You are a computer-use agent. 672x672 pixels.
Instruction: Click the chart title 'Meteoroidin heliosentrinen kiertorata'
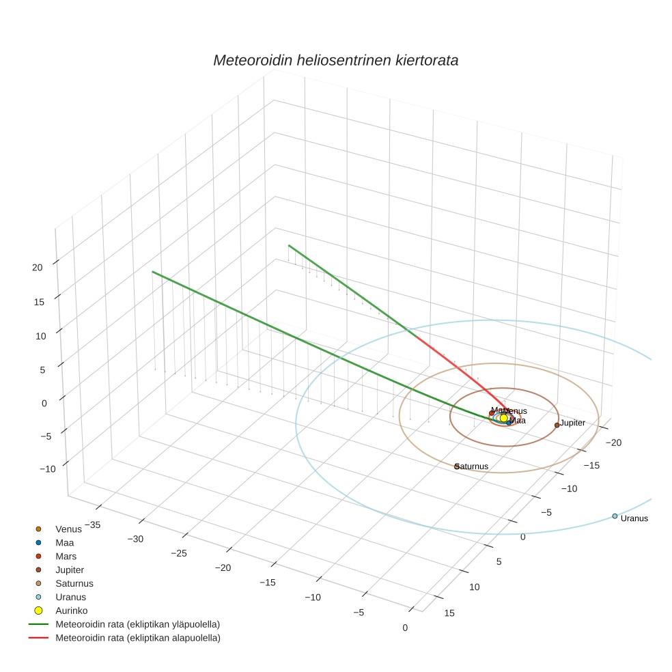tap(335, 60)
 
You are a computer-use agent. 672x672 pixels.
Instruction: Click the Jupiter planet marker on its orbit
tap(557, 425)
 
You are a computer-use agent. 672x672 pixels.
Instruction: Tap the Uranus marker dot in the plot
tap(615, 516)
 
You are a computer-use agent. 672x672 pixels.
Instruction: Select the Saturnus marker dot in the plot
tap(457, 466)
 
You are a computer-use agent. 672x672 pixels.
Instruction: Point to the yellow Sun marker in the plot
tap(504, 418)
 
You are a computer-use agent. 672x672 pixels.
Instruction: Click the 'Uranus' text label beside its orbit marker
tap(634, 518)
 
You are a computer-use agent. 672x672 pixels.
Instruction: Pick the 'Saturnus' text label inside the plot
tap(473, 466)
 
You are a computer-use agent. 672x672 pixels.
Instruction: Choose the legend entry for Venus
tap(68, 529)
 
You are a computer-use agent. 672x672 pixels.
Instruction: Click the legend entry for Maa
tap(64, 542)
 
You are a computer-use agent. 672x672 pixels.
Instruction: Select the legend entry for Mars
tap(66, 556)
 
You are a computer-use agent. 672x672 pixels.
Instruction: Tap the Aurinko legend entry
tap(71, 611)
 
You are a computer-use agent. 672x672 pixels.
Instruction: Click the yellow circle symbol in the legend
tap(39, 611)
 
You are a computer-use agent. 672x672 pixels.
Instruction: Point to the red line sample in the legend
tap(39, 638)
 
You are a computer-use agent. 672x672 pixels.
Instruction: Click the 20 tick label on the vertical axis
tap(38, 268)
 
